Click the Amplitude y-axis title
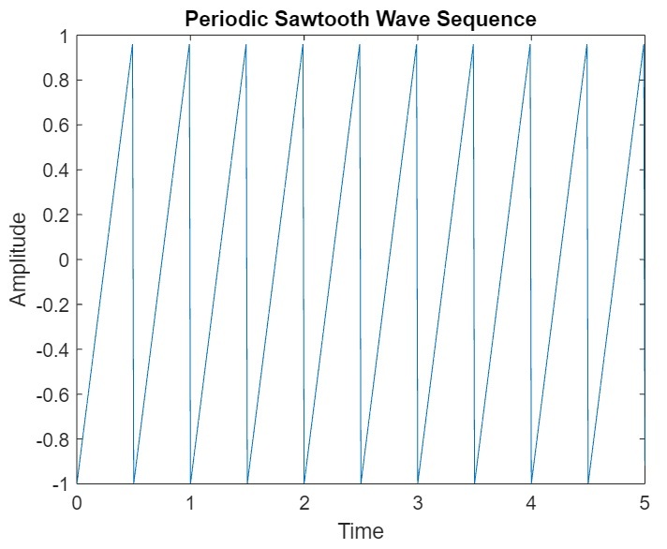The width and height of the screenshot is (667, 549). click(x=19, y=260)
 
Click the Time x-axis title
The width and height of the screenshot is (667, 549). click(x=361, y=531)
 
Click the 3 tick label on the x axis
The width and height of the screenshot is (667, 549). click(x=418, y=503)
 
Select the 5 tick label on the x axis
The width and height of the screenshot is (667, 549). click(x=645, y=503)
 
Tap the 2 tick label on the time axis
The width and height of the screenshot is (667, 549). click(x=304, y=503)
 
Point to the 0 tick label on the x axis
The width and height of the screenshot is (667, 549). click(x=77, y=503)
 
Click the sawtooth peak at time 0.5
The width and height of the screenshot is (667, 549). click(x=132, y=44)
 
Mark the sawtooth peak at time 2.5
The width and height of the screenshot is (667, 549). click(x=359, y=44)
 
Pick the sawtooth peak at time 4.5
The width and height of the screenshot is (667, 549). click(x=586, y=44)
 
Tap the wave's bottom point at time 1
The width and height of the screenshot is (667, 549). click(x=190, y=482)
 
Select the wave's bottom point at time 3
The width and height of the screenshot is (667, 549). click(x=418, y=482)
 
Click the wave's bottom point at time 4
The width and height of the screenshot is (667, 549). click(x=531, y=482)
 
